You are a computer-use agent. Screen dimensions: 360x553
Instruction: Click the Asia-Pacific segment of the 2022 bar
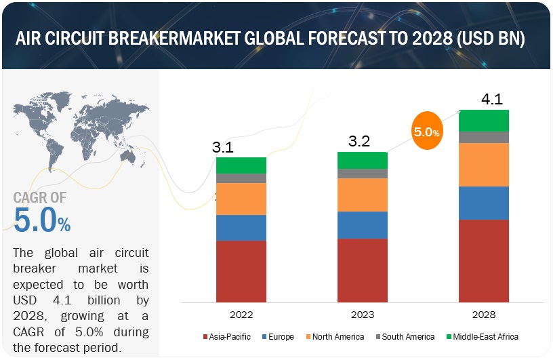click(241, 271)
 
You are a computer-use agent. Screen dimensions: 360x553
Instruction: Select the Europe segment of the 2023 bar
click(363, 224)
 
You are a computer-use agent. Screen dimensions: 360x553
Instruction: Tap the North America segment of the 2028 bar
click(484, 165)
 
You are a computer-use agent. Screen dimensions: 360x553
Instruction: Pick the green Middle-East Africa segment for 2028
click(484, 120)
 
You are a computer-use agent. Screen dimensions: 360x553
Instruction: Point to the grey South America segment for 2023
click(363, 174)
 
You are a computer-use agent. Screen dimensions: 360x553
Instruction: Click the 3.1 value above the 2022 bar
click(226, 147)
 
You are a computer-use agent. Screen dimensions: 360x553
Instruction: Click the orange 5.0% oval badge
click(426, 132)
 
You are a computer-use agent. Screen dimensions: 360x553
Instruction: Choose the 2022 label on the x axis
click(241, 315)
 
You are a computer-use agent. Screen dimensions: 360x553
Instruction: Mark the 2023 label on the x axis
click(363, 315)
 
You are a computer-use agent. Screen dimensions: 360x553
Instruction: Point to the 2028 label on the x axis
click(484, 315)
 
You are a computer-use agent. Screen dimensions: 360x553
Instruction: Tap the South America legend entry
click(406, 337)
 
